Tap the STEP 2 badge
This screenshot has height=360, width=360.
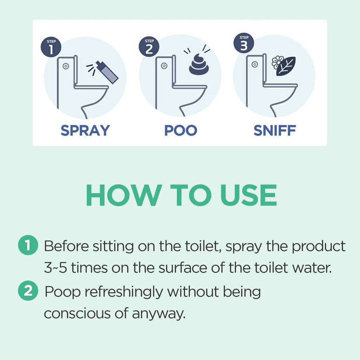click(149, 47)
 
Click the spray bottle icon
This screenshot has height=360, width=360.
click(107, 72)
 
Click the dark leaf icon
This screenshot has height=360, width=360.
click(285, 66)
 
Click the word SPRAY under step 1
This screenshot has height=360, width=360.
click(85, 130)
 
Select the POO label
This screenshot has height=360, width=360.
click(181, 130)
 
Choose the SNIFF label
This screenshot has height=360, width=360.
click(275, 130)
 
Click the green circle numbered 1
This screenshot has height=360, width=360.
click(27, 246)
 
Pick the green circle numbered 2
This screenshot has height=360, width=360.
click(27, 291)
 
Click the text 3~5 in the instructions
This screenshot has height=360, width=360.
click(53, 269)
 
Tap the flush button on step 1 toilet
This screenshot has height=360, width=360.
click(65, 66)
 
